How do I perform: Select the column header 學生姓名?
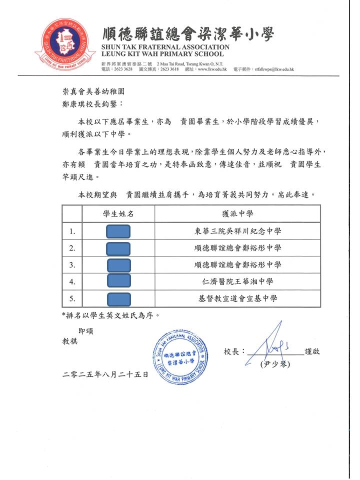tap(118, 214)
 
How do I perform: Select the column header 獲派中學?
tap(237, 214)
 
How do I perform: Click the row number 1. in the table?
tap(72, 231)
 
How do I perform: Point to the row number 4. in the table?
tap(72, 282)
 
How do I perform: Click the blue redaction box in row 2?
tap(118, 248)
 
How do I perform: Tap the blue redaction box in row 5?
tap(118, 299)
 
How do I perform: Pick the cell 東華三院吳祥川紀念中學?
tap(237, 231)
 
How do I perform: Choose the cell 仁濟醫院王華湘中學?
tap(237, 282)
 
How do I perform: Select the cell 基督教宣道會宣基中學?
tap(237, 299)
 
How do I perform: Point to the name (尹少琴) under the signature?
tap(274, 364)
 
